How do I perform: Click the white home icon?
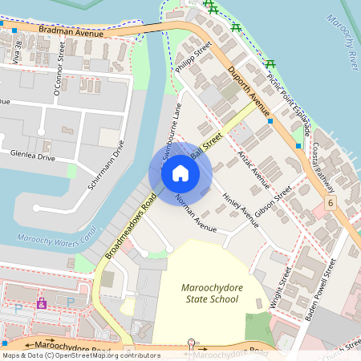pos(180,173)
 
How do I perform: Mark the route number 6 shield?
pos(331,204)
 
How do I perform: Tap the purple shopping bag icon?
pos(42,305)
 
